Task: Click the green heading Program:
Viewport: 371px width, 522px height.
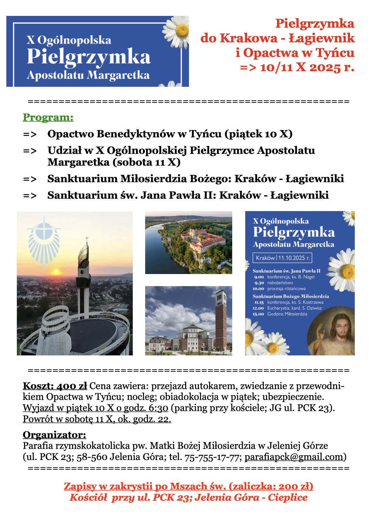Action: pyautogui.click(x=48, y=117)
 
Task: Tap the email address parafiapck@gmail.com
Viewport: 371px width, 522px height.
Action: pyautogui.click(x=294, y=457)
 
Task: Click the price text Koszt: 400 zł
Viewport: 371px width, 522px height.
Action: pyautogui.click(x=55, y=386)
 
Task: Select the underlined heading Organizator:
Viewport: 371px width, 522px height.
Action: pyautogui.click(x=54, y=435)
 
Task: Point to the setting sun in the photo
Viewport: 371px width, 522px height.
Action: pyautogui.click(x=56, y=271)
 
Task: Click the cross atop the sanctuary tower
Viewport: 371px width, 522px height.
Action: pyautogui.click(x=87, y=239)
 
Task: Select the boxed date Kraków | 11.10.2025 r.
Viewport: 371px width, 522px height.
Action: pyautogui.click(x=282, y=258)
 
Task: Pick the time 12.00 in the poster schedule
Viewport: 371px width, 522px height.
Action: pyautogui.click(x=258, y=308)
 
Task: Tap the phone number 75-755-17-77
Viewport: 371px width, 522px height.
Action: pyautogui.click(x=212, y=457)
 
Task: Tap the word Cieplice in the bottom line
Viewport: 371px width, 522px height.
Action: pyautogui.click(x=287, y=497)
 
